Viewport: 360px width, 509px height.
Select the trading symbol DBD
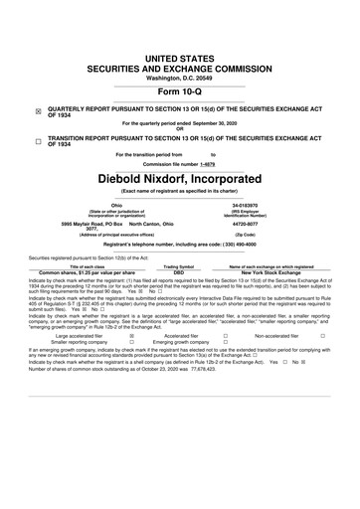[x=178, y=271]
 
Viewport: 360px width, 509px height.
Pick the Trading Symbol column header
[x=178, y=265]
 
